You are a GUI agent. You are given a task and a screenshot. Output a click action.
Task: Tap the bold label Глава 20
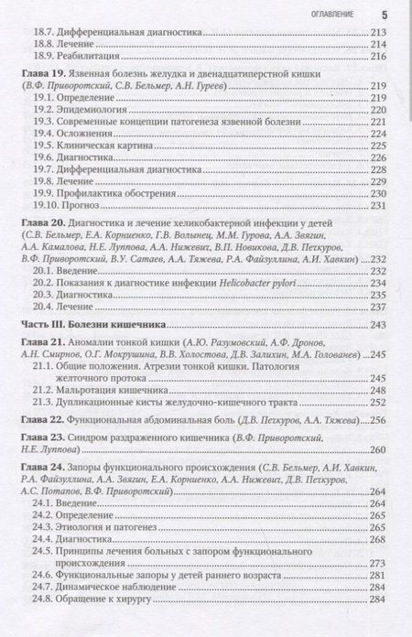click(40, 222)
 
